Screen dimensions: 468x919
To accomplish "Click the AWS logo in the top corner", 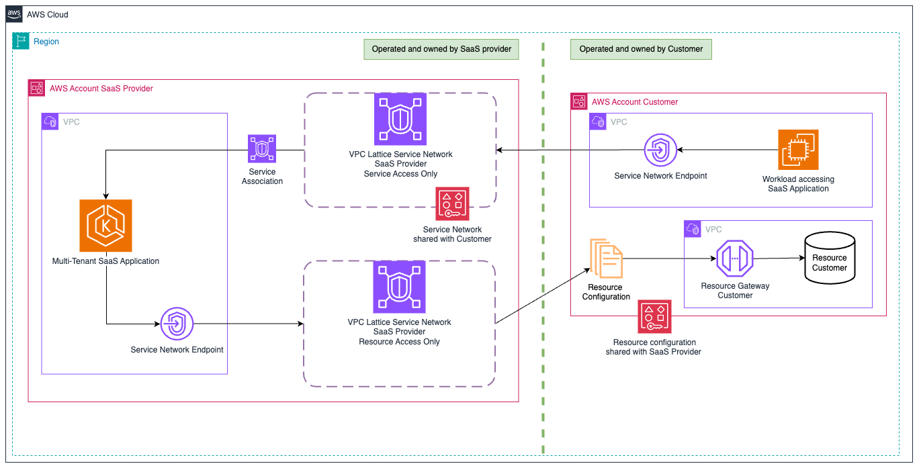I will (x=14, y=14).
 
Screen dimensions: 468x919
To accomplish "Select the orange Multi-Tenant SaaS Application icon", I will (x=105, y=225).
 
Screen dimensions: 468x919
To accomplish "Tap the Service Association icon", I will (x=262, y=148).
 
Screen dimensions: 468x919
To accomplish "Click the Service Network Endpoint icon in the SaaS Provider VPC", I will (x=177, y=324).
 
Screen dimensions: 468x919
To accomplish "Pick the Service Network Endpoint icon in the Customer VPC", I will (x=660, y=149).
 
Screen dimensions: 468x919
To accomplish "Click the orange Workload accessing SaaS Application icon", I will (x=798, y=150).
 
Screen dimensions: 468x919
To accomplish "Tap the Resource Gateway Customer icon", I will (x=735, y=259).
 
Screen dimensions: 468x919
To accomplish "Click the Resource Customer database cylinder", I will (x=829, y=259).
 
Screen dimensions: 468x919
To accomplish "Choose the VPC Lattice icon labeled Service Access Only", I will (x=400, y=119).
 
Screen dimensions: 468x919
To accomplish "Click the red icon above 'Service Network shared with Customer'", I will (x=452, y=203).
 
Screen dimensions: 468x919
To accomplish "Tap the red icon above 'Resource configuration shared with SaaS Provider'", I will (x=654, y=316).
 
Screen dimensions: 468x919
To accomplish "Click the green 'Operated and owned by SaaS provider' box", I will (x=441, y=49).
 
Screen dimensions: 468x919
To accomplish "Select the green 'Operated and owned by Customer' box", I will (x=641, y=49).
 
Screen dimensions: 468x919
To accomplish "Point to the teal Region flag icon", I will (x=21, y=42).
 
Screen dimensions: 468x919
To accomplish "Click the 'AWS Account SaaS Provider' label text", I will (x=101, y=89).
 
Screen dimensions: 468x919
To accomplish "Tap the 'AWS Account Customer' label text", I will (x=634, y=102).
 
